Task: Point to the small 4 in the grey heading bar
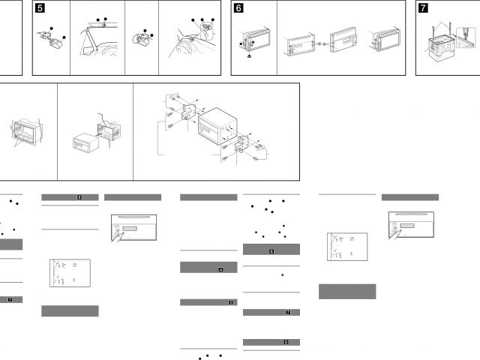[220, 268]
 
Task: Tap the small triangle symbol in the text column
[282, 275]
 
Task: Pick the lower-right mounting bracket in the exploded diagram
[241, 145]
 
